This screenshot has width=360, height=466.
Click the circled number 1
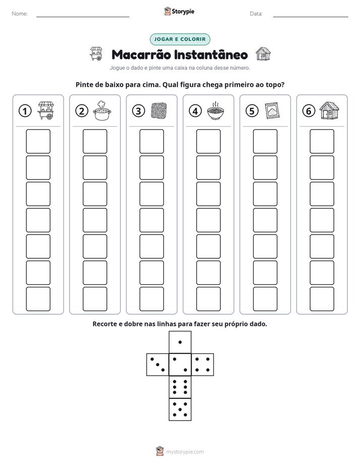[x=25, y=111]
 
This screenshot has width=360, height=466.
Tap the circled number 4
[x=195, y=111]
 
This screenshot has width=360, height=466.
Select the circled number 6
[x=309, y=111]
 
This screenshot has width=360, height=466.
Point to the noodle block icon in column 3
[x=159, y=110]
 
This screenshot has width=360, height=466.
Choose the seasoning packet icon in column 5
[x=272, y=111]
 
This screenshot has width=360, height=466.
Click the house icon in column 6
[x=329, y=110]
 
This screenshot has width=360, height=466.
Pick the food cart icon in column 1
[x=46, y=110]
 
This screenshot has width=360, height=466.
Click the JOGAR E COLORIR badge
[x=180, y=39]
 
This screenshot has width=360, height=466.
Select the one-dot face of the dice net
[x=180, y=342]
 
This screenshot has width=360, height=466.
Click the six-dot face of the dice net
[x=180, y=387]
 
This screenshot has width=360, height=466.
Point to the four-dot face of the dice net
[x=203, y=365]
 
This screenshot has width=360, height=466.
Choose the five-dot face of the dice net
[x=180, y=410]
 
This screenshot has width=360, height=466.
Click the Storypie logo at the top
[x=179, y=11]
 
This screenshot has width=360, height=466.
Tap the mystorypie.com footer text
[x=185, y=452]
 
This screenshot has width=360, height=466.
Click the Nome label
[x=20, y=14]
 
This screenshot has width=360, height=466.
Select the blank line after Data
[x=311, y=17]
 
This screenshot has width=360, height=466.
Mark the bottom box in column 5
[x=265, y=299]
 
